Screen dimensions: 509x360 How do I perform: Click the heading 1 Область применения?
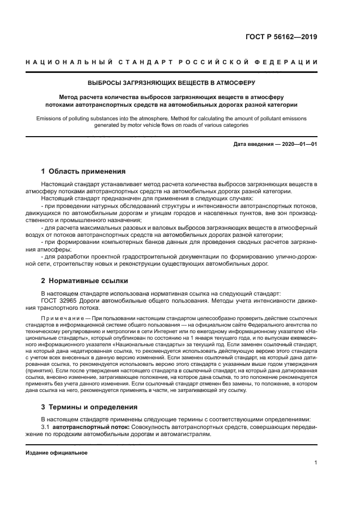[83, 171]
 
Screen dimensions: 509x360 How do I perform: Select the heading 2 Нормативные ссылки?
[84, 281]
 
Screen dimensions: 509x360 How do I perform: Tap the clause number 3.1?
[45, 427]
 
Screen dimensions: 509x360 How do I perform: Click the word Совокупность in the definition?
[153, 427]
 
